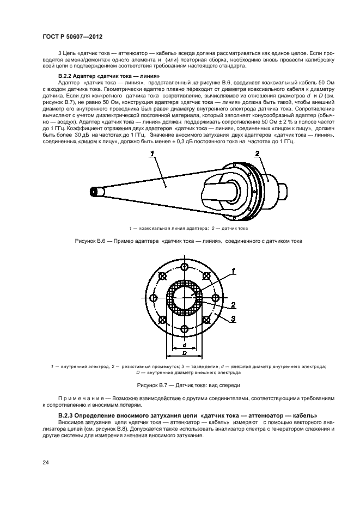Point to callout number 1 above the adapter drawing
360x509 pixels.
tap(153, 155)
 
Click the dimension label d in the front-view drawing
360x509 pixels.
tap(186, 344)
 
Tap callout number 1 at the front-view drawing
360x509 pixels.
tap(233, 270)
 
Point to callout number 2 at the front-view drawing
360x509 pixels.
tap(233, 305)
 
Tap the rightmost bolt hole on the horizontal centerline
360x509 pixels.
tap(216, 297)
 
